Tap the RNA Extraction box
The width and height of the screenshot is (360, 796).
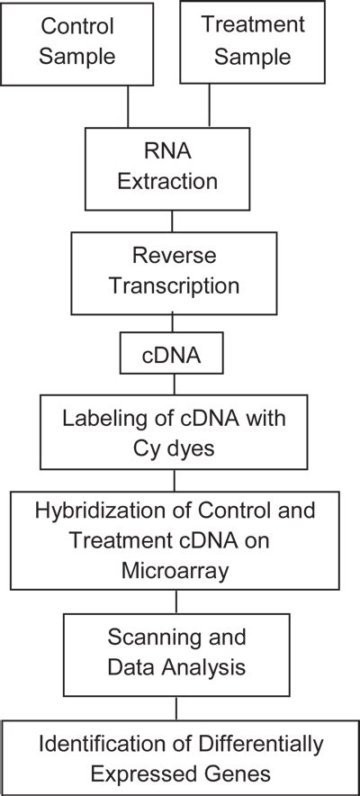pyautogui.click(x=175, y=168)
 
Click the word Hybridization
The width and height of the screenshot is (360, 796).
pyautogui.click(x=99, y=511)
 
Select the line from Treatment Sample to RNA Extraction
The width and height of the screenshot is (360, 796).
pyautogui.click(x=210, y=106)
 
